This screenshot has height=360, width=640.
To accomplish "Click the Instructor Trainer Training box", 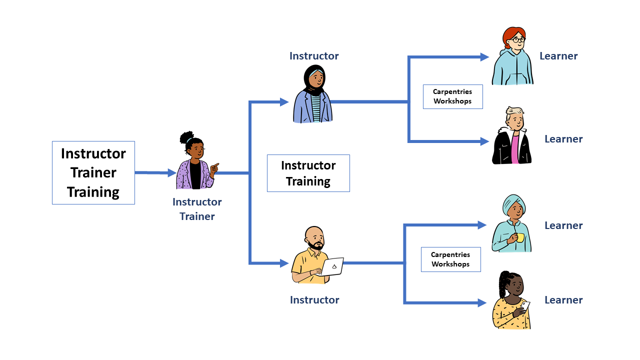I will pyautogui.click(x=93, y=172).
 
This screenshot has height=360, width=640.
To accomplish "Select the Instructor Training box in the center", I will pyautogui.click(x=308, y=173).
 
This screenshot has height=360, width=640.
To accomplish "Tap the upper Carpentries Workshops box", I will pyautogui.click(x=452, y=96).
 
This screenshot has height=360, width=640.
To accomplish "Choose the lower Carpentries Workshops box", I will pyautogui.click(x=450, y=259).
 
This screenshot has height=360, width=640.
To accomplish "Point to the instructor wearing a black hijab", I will pyautogui.click(x=313, y=95).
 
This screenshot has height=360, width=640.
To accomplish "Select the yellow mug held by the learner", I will pyautogui.click(x=520, y=237).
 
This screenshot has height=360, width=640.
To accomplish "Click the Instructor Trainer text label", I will pyautogui.click(x=197, y=209).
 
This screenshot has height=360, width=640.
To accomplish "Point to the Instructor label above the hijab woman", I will pyautogui.click(x=314, y=56).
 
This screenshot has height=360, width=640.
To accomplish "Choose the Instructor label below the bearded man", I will pyautogui.click(x=314, y=300).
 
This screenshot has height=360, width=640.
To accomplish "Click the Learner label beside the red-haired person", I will pyautogui.click(x=558, y=56).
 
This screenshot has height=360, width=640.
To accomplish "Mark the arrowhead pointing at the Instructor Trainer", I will pyautogui.click(x=172, y=173).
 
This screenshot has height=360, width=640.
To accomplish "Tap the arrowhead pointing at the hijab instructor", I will pyautogui.click(x=284, y=102).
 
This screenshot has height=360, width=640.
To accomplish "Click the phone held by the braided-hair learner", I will pyautogui.click(x=525, y=304).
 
